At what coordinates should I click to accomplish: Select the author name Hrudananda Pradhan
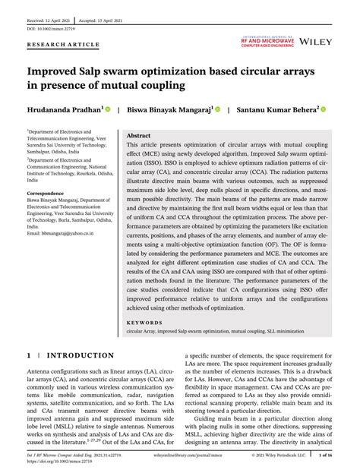(65, 109)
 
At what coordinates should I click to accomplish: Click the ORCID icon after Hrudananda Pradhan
(109, 109)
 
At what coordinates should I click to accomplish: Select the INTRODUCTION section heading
(81, 355)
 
